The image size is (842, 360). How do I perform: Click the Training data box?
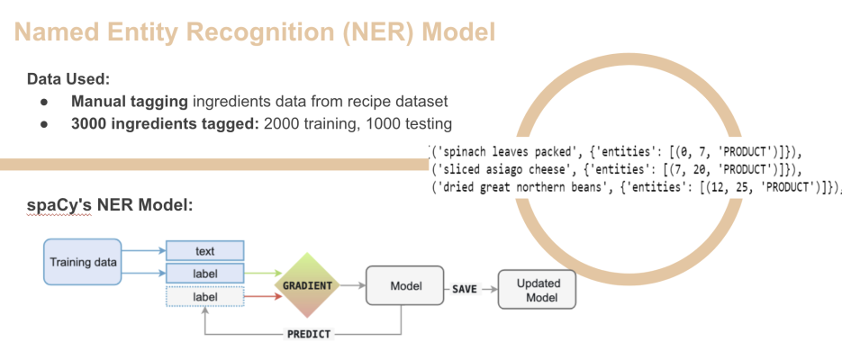pos(83,262)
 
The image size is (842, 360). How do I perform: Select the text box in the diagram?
pos(205,250)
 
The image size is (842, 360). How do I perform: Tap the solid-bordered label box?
pos(205,274)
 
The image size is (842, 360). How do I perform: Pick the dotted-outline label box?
pos(205,297)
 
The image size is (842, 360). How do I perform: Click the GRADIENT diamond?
pos(306,285)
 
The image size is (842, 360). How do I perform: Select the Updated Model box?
pos(537,290)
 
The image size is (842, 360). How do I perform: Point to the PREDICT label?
pos(309,334)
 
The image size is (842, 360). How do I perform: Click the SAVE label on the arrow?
pos(464,289)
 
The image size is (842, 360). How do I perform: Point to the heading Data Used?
pos(68,79)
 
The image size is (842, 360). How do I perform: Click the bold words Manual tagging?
pos(130,102)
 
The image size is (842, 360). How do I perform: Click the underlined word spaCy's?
pos(59,205)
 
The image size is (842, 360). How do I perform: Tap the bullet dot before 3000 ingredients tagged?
pos(44,124)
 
